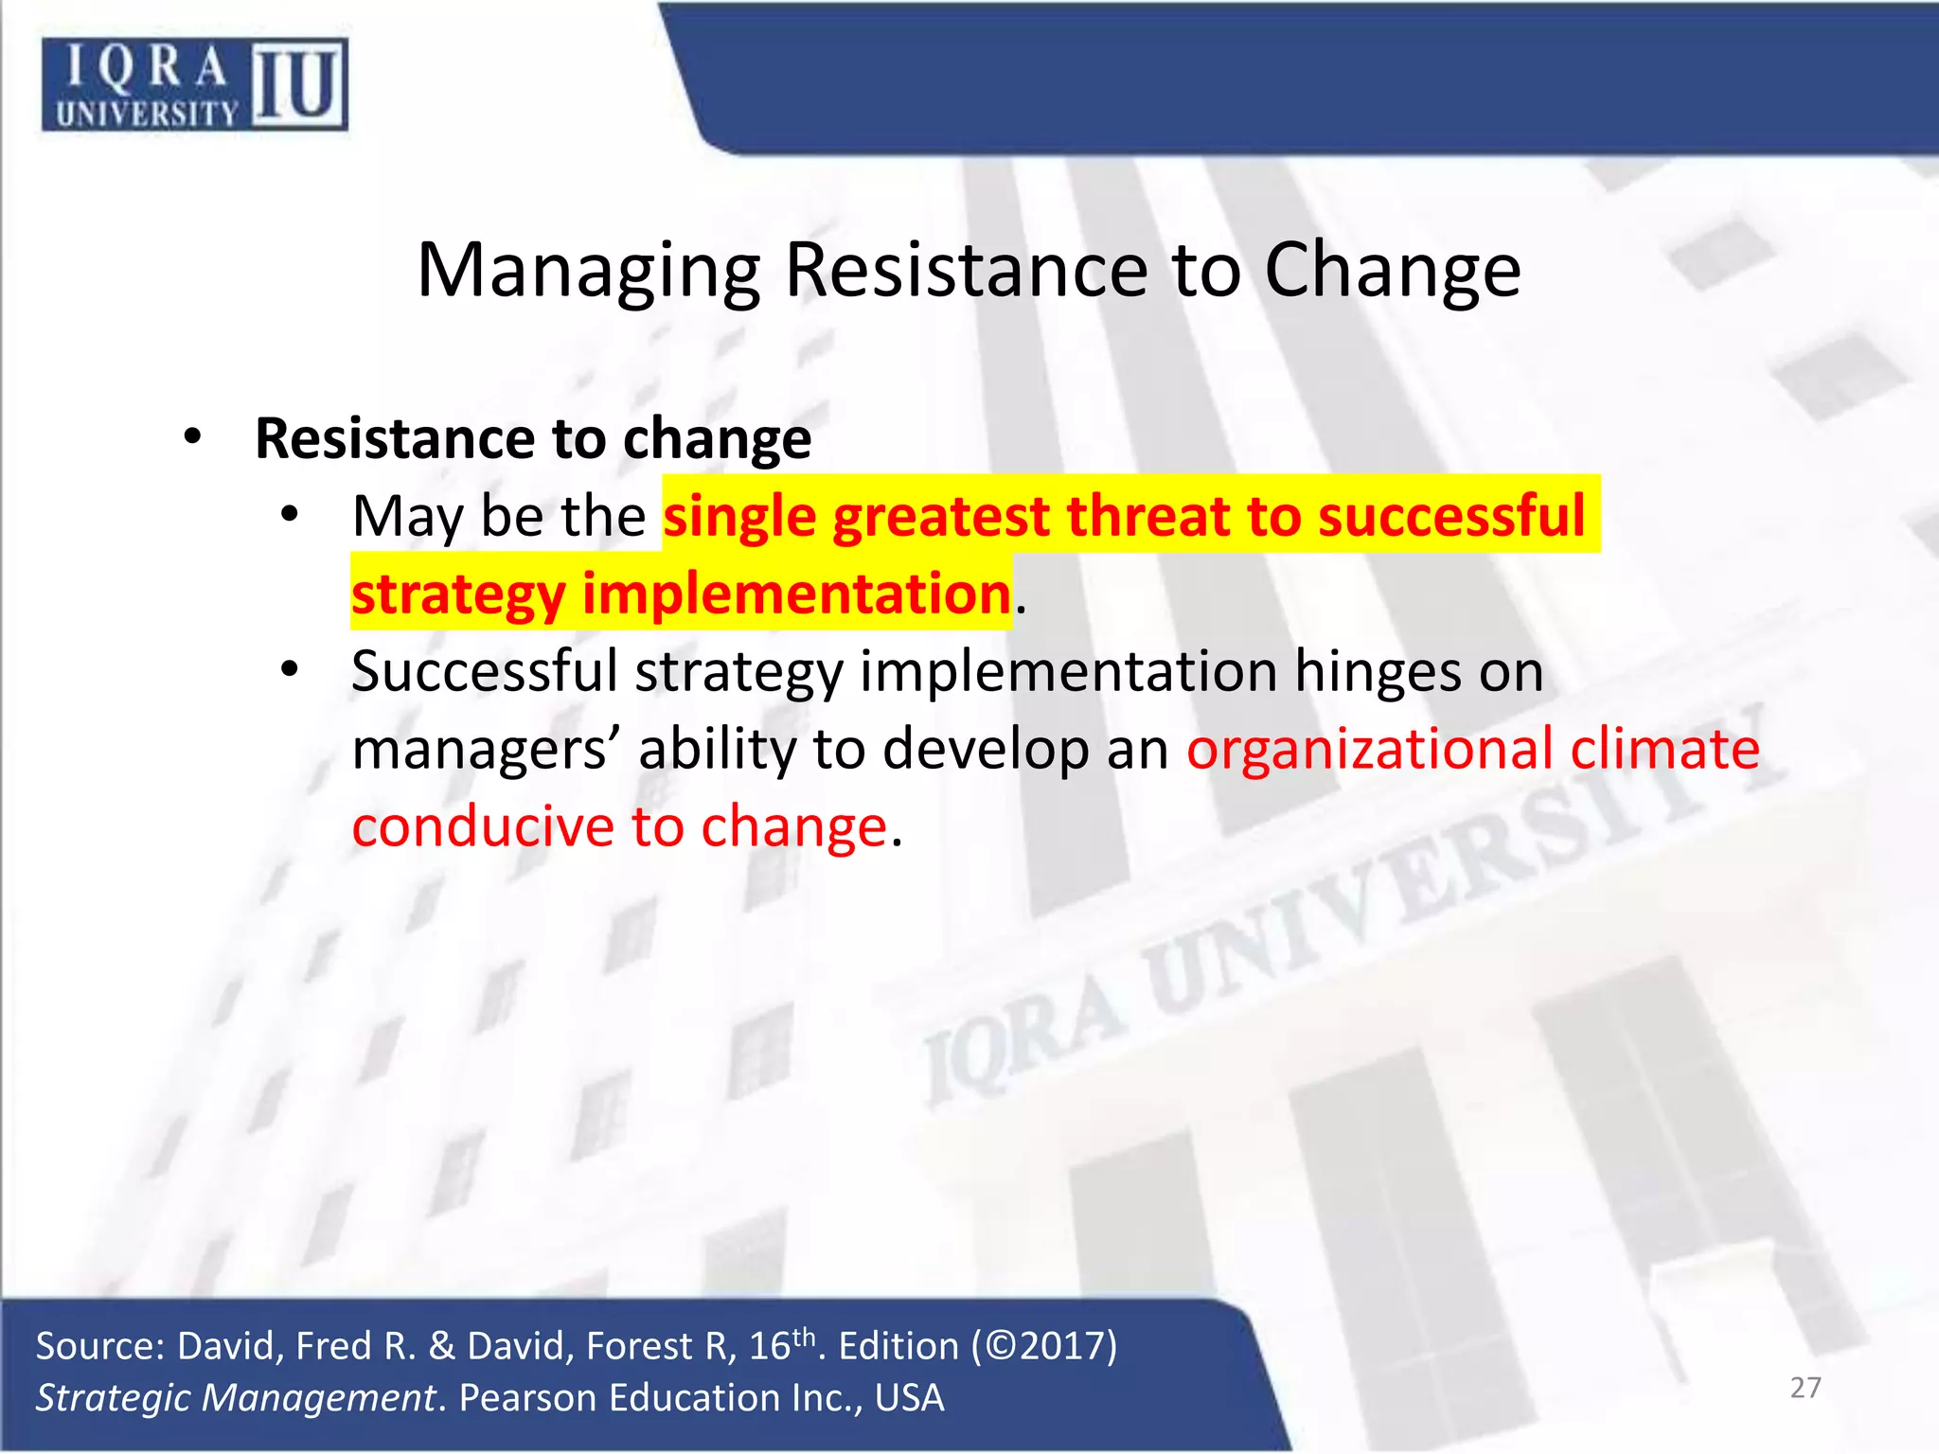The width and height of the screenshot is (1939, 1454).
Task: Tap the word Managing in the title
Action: coord(588,272)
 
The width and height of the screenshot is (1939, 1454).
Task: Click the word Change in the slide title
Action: coord(1393,272)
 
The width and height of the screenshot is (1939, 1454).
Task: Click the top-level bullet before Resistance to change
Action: coord(193,438)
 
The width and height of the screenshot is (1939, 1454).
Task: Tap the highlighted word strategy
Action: coord(458,595)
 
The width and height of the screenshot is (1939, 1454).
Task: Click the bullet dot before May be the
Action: coord(290,516)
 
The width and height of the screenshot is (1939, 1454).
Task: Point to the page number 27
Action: coord(1806,1388)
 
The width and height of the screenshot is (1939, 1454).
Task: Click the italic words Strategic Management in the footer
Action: coord(236,1398)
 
